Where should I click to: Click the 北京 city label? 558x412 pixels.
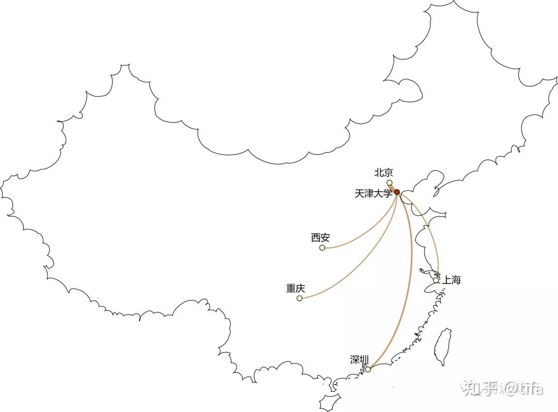pyautogui.click(x=383, y=173)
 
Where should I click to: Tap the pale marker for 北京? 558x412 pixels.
pyautogui.click(x=390, y=183)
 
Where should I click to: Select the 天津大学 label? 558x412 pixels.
pyautogui.click(x=374, y=194)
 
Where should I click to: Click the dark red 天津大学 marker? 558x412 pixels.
pyautogui.click(x=397, y=192)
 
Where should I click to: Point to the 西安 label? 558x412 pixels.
pyautogui.click(x=320, y=238)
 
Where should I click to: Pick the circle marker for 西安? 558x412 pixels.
pyautogui.click(x=322, y=248)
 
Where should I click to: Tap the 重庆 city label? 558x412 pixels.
pyautogui.click(x=296, y=289)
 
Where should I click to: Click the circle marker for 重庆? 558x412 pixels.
pyautogui.click(x=300, y=298)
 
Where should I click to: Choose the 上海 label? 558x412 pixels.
pyautogui.click(x=451, y=280)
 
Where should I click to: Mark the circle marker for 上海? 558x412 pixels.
pyautogui.click(x=437, y=280)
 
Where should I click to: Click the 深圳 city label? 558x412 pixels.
pyautogui.click(x=359, y=360)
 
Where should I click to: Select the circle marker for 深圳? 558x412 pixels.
pyautogui.click(x=368, y=369)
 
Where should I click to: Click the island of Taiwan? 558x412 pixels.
pyautogui.click(x=442, y=346)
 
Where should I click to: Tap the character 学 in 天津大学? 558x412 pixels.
pyautogui.click(x=388, y=194)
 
